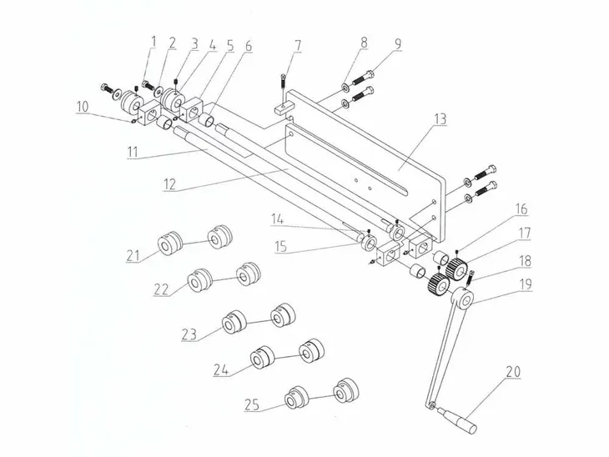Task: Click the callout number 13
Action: [x=440, y=118]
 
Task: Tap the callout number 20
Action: [x=513, y=372]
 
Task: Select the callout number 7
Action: [x=298, y=46]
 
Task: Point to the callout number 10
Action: [x=83, y=107]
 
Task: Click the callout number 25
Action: [x=252, y=404]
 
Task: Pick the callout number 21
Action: [x=133, y=255]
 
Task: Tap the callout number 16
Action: [x=521, y=208]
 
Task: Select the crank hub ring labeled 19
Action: [x=462, y=298]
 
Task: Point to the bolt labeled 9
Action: [x=364, y=77]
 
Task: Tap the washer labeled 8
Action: [x=345, y=86]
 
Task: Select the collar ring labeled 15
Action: [x=368, y=244]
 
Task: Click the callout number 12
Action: [x=169, y=184]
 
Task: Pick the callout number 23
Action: [x=189, y=334]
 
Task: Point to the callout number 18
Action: [x=525, y=261]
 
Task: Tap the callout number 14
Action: [x=277, y=219]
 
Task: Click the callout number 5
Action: [x=230, y=45]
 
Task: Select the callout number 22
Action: [x=161, y=289]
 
